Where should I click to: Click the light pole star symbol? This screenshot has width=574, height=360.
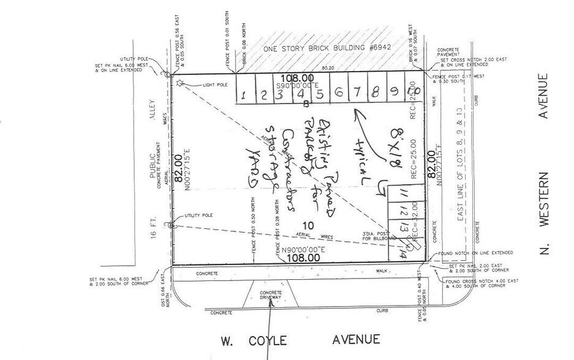click(179, 83)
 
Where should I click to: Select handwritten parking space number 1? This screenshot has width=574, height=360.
click(244, 95)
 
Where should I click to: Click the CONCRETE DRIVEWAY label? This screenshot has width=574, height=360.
click(270, 295)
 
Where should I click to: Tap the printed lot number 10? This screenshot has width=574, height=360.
click(307, 226)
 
